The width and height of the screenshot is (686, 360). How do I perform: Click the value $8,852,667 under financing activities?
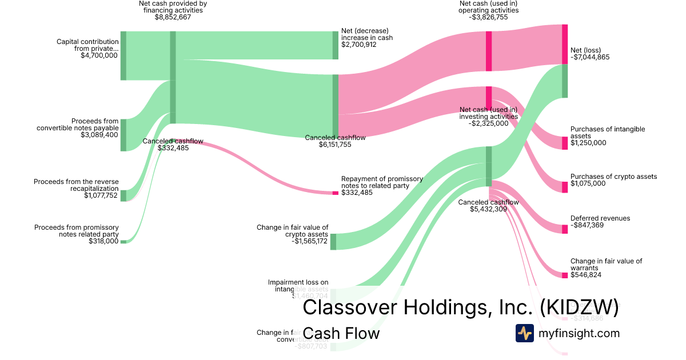173,17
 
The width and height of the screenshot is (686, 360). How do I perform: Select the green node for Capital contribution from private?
123,56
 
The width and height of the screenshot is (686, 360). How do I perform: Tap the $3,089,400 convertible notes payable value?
99,135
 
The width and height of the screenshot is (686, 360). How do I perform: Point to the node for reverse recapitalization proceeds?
123,196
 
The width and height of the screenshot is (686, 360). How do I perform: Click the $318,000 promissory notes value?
103,241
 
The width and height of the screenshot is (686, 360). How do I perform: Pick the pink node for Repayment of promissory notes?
336,193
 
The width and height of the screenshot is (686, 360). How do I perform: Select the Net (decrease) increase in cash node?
336,45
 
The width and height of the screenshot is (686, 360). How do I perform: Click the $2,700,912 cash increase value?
359,45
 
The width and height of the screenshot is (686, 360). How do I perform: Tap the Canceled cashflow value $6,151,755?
335,145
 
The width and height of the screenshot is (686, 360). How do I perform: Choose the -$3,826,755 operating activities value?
488,17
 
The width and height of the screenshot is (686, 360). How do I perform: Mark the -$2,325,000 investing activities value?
488,123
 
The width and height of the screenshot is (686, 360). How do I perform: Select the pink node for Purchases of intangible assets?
565,143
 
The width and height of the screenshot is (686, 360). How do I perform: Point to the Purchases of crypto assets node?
565,187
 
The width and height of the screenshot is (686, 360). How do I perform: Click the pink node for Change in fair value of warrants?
565,275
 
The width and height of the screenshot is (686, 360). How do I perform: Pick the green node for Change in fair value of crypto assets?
333,242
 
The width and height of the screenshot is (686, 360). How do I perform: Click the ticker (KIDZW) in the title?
579,307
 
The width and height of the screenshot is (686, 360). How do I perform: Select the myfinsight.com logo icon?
525,333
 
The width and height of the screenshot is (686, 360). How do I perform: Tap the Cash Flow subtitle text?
341,333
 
